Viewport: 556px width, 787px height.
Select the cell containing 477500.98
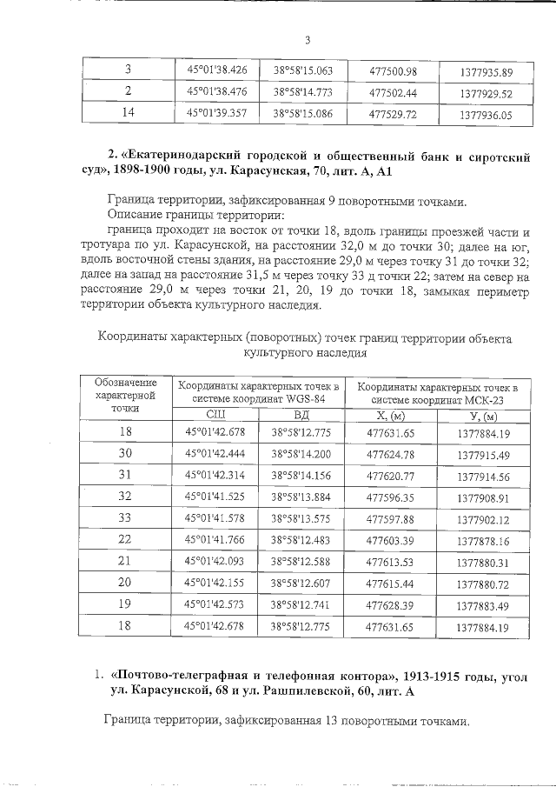393,70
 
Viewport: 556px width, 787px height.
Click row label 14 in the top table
129,113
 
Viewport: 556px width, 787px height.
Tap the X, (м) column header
390,415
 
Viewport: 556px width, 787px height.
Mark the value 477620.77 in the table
390,476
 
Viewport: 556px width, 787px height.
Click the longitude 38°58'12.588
301,562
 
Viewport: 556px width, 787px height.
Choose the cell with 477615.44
390,583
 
